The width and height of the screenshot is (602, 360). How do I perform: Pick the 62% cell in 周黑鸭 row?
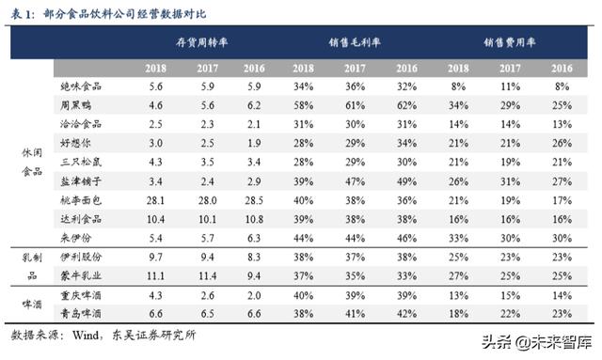406,104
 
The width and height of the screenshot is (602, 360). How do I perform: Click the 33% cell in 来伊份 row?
460,237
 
